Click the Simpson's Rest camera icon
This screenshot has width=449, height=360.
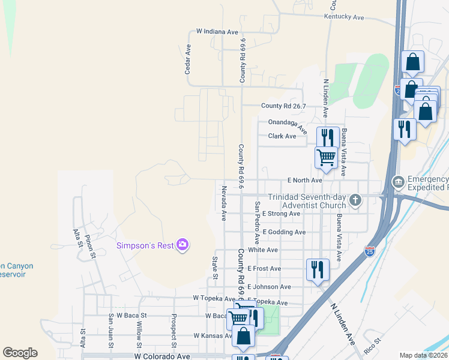(183, 245)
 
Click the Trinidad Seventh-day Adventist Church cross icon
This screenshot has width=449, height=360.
(355, 200)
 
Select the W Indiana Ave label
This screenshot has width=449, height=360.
(217, 31)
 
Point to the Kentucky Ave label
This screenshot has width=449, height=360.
(344, 17)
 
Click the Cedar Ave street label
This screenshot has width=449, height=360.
(188, 59)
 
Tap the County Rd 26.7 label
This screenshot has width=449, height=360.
(283, 106)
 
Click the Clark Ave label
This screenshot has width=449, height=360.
(282, 136)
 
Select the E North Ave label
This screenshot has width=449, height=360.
(305, 180)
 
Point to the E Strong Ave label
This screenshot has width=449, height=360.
(281, 214)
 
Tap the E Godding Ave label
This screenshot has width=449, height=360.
(284, 232)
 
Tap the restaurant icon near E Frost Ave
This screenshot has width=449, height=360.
(317, 268)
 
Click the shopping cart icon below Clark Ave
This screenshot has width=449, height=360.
(326, 157)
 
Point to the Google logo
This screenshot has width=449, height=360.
(20, 353)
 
